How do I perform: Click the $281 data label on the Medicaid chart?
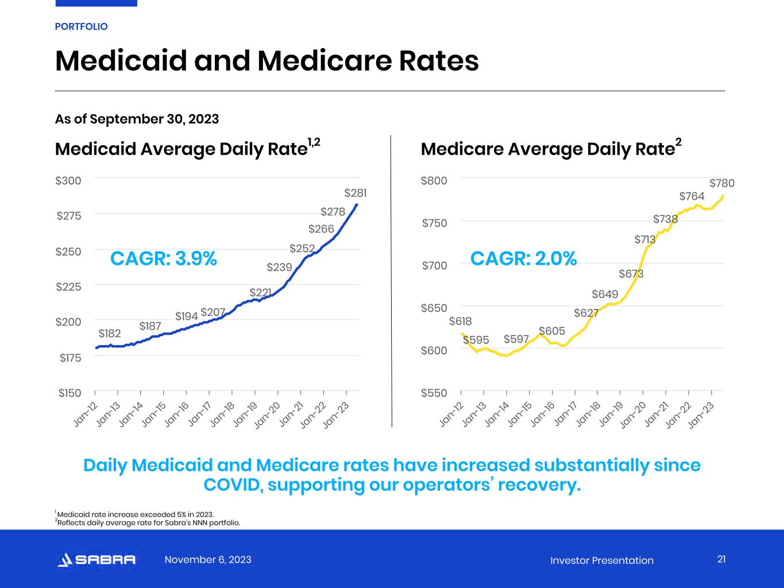pos(355,193)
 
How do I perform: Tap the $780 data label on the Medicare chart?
pos(721,183)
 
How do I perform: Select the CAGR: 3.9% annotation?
pos(164,259)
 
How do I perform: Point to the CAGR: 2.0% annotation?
pos(523,259)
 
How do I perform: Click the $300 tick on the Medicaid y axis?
pos(68,180)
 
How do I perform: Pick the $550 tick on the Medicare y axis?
pos(434,393)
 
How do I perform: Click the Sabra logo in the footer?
pos(96,560)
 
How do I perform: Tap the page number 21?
pos(721,559)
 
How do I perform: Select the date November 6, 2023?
pos(208,560)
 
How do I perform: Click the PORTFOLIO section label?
pos(81,26)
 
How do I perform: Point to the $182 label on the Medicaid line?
pos(110,334)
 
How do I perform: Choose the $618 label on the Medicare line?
pos(460,322)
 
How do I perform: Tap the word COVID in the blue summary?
pos(233,485)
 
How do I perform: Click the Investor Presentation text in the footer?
pos(601,560)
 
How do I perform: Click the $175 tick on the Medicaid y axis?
pos(70,358)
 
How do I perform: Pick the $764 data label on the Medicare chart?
pos(692,196)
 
